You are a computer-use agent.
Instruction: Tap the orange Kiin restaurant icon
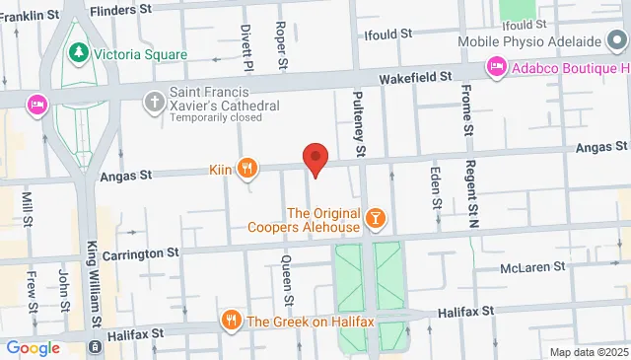point(247,169)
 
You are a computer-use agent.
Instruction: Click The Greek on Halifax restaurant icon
point(231,320)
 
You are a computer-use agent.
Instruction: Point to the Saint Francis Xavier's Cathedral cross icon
point(154,101)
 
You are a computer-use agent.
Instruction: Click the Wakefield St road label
point(418,75)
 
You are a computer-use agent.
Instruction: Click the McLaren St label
point(531,266)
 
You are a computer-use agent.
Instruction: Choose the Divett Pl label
point(246,45)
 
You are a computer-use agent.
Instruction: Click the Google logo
point(33,347)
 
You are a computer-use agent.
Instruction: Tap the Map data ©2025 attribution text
point(588,352)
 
